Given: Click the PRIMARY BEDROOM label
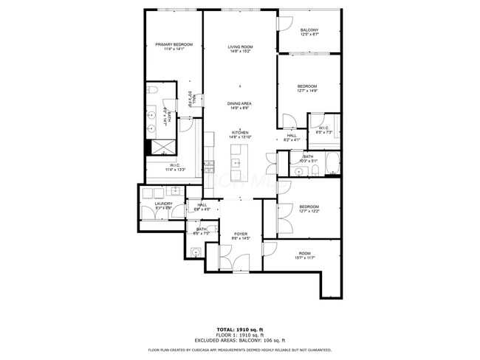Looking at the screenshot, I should (x=174, y=45).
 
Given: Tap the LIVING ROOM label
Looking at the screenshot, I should (x=240, y=47).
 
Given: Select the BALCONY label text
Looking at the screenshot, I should (x=309, y=30).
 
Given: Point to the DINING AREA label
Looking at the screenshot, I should (x=240, y=103).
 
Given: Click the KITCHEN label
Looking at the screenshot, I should (x=240, y=133).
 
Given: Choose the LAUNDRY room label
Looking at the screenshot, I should (x=163, y=204).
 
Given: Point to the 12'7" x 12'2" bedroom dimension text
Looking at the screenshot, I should (x=309, y=210).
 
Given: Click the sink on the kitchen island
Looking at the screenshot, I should (x=239, y=162).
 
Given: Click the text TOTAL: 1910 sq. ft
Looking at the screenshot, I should (x=240, y=328).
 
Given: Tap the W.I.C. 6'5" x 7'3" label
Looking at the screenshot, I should (x=324, y=131).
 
